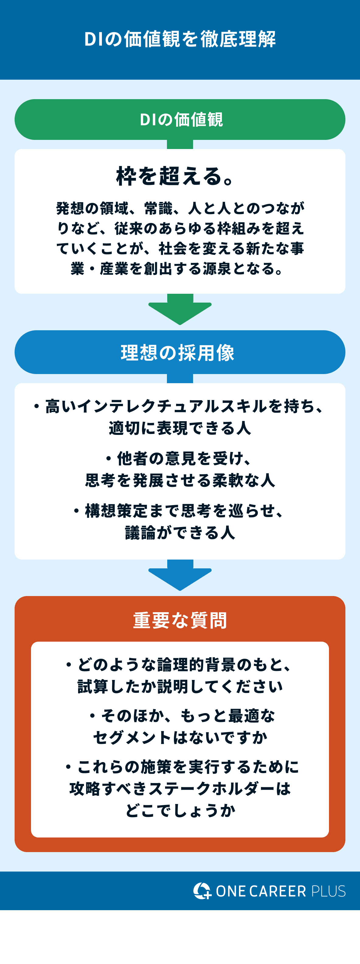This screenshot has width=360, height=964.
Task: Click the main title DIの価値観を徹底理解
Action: point(180,39)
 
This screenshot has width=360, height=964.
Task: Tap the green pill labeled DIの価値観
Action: point(180,120)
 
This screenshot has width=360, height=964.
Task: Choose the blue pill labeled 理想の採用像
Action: point(180,352)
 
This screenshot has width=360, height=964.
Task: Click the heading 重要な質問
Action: point(180,620)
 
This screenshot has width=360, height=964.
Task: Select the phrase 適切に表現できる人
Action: point(180,428)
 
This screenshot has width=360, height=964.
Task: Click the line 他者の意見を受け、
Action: point(180,458)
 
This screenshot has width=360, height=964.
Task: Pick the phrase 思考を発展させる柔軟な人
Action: point(180,480)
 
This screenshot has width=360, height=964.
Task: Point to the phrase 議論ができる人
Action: point(180,532)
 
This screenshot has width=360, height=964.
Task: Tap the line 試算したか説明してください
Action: point(180,686)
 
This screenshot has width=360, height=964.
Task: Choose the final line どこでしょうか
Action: point(180,810)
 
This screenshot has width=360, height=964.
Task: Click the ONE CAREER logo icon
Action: point(202,891)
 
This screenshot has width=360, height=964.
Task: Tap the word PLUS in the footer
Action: point(328,891)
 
